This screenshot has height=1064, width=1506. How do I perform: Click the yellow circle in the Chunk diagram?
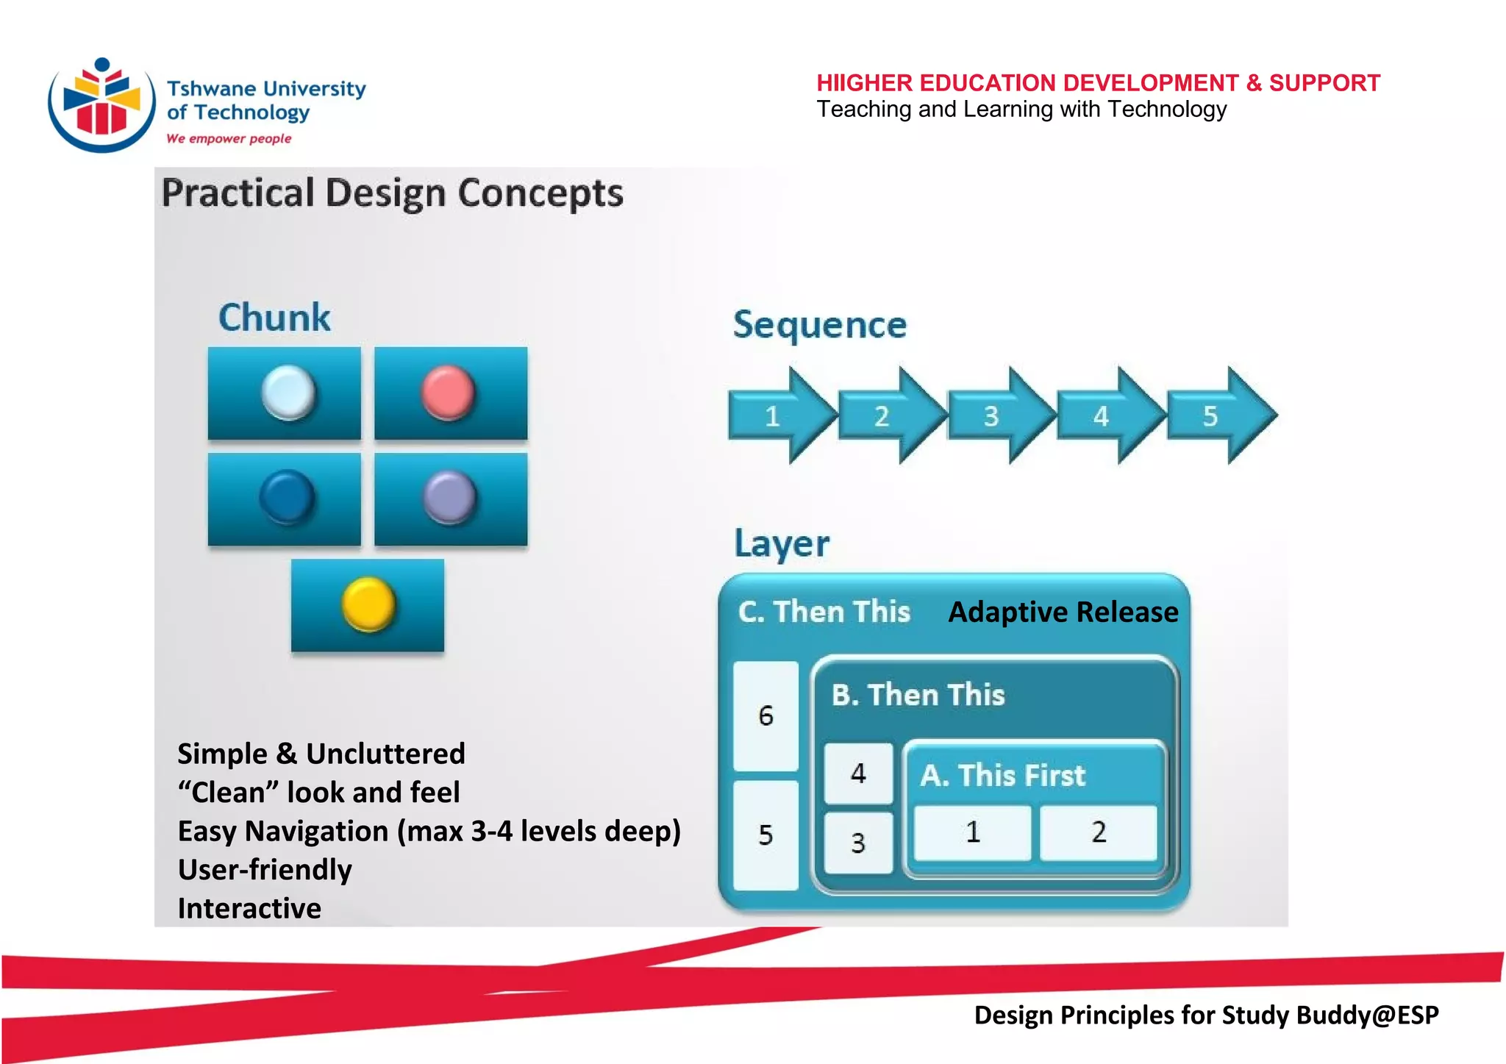368,604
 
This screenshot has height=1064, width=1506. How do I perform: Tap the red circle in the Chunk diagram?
448,393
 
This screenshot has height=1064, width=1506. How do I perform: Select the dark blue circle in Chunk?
287,497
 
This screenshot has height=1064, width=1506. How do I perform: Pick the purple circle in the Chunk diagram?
449,498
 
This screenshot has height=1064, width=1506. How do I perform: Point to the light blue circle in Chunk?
288,393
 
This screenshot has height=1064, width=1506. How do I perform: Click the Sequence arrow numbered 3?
999,416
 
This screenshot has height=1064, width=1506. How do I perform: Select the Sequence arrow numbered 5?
1219,416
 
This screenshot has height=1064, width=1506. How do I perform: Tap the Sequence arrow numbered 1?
780,416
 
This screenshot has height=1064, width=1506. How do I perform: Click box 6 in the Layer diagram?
766,715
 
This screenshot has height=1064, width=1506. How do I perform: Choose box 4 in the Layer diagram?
858,773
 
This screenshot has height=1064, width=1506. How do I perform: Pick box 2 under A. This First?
1098,832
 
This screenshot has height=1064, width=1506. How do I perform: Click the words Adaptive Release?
1063,612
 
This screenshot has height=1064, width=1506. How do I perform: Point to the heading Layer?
782,544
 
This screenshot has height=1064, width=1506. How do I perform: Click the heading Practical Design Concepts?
392,193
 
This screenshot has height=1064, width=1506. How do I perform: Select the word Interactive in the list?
249,908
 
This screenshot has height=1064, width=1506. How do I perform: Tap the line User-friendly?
265,869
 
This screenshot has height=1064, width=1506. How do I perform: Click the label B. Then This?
918,695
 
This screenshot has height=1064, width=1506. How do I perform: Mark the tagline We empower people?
229,138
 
